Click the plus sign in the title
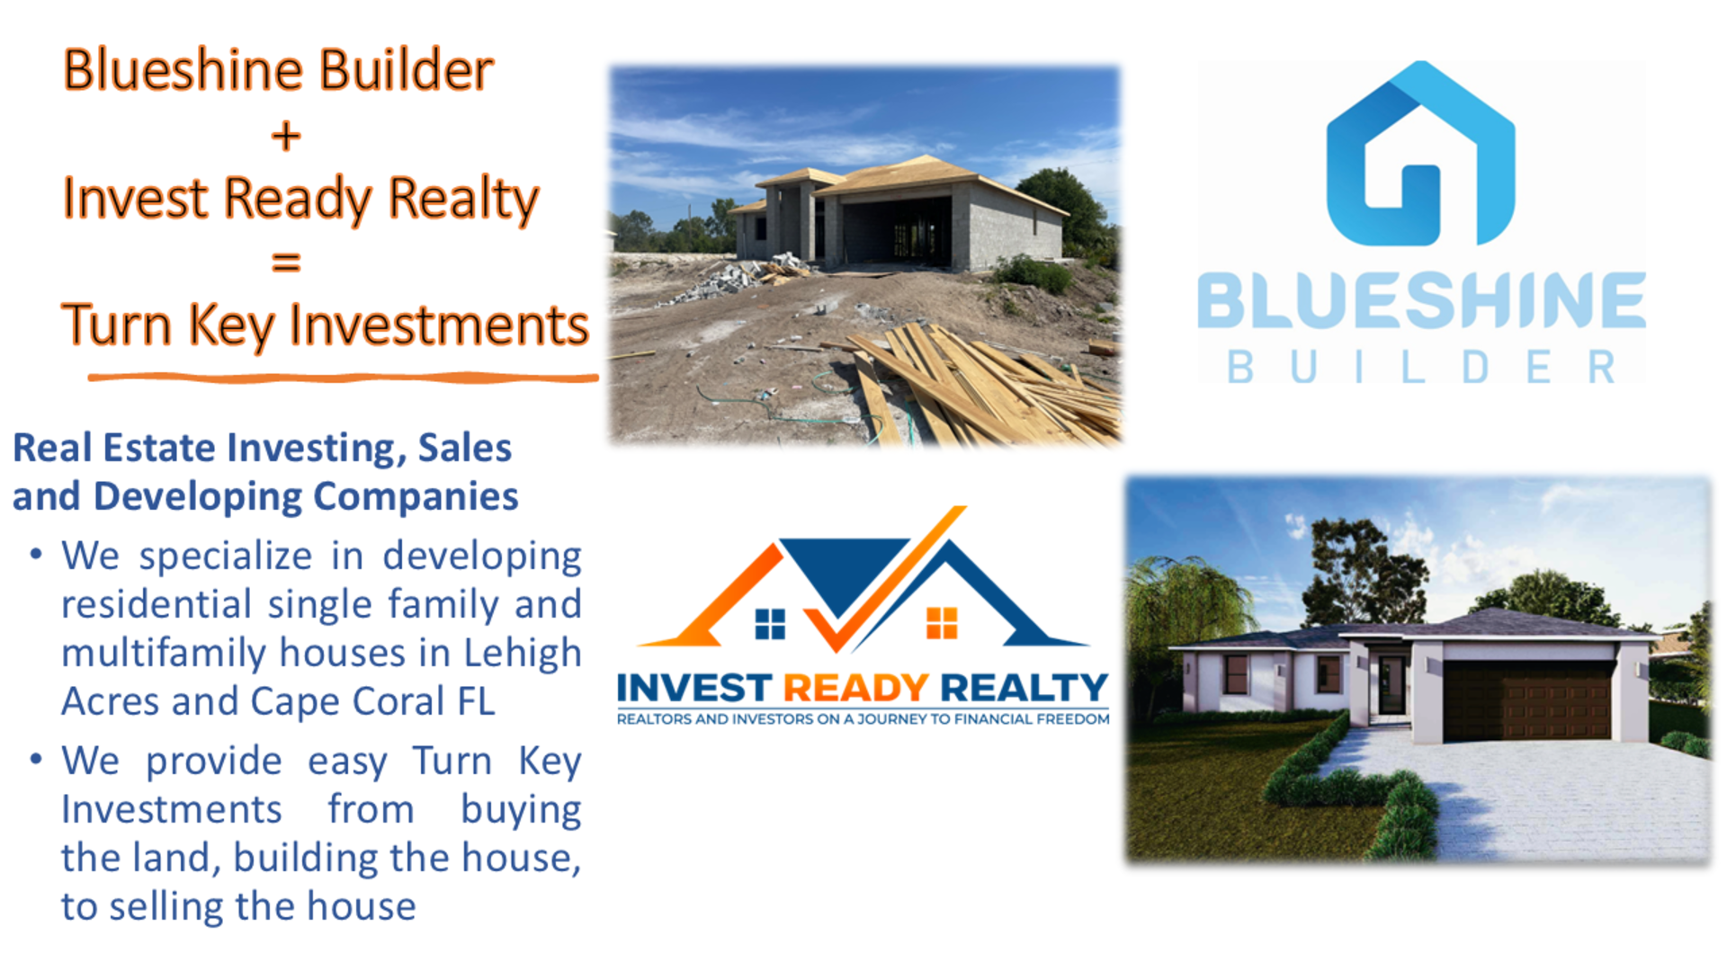pyautogui.click(x=285, y=137)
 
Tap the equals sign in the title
pyautogui.click(x=285, y=262)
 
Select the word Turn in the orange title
pyautogui.click(x=116, y=325)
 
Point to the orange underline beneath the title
pyautogui.click(x=342, y=379)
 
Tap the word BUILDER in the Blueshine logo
pyautogui.click(x=1421, y=367)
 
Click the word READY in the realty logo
pyautogui.click(x=855, y=689)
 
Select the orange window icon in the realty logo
pyautogui.click(x=942, y=622)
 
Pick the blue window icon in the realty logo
pyautogui.click(x=770, y=623)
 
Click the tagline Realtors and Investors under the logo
pyautogui.click(x=863, y=719)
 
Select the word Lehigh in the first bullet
pyautogui.click(x=522, y=653)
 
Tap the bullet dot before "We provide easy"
pyautogui.click(x=36, y=760)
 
